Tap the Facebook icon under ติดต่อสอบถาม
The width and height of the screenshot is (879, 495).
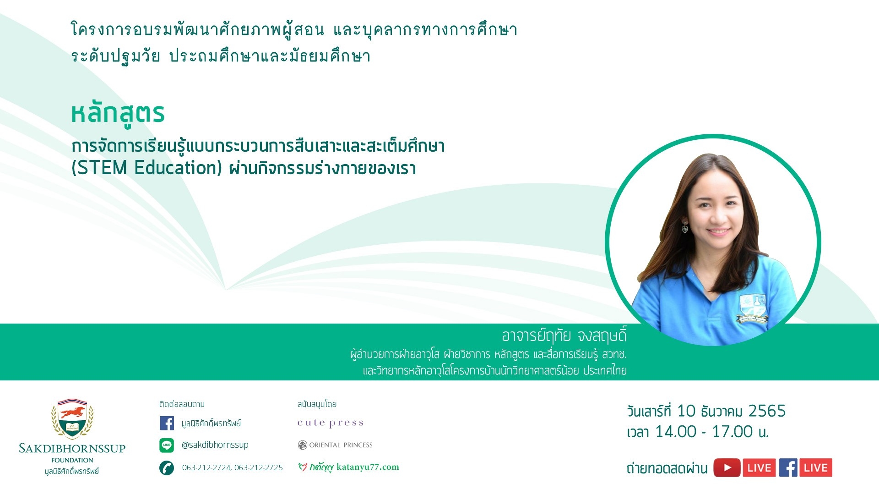(167, 423)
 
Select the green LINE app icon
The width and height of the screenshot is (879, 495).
(167, 445)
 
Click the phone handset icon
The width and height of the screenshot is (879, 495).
(167, 467)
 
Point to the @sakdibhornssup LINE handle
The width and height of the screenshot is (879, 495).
(215, 445)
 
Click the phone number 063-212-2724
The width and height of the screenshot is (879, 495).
(206, 467)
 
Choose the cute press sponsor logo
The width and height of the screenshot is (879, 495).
(331, 423)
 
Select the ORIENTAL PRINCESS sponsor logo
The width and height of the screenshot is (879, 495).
(335, 445)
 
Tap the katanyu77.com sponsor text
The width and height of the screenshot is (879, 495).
(368, 467)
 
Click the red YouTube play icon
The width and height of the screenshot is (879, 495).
(727, 468)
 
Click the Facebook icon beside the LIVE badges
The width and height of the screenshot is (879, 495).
(788, 468)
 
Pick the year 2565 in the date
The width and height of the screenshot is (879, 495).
(767, 411)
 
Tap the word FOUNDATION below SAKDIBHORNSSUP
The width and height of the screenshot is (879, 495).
(72, 460)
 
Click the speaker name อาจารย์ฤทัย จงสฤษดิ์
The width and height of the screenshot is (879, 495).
(564, 336)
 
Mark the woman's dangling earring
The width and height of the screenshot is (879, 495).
(685, 226)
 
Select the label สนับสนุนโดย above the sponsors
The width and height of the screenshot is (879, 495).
(317, 404)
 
